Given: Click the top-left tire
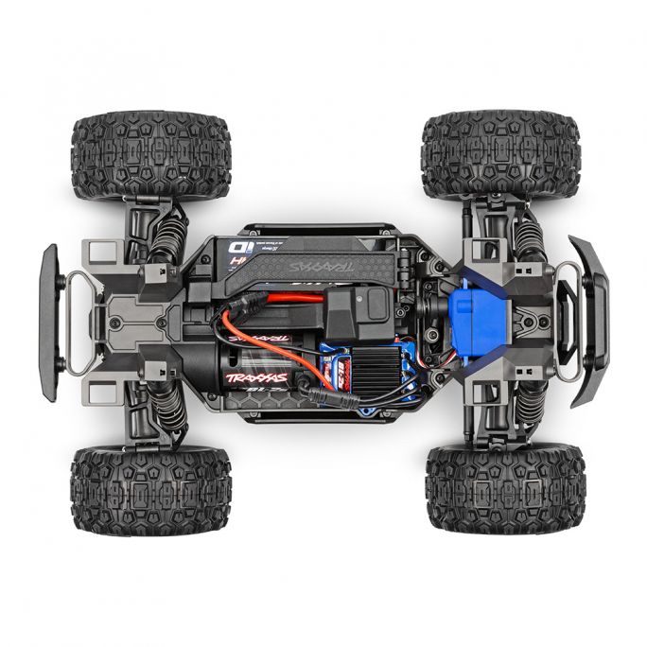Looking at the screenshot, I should click(x=151, y=156).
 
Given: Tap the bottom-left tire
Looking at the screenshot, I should click(x=150, y=489).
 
